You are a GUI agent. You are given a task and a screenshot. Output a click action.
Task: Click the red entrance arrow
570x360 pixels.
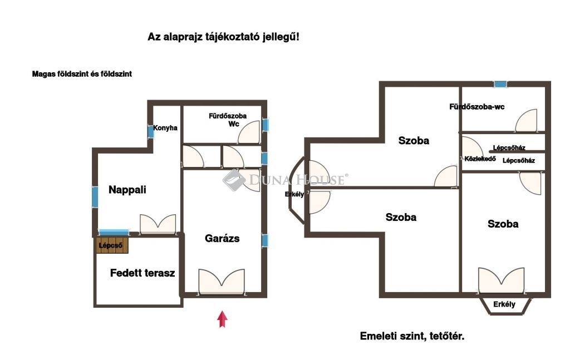pos(223,319)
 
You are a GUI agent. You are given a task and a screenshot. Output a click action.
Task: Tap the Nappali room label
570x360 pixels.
pos(127,190)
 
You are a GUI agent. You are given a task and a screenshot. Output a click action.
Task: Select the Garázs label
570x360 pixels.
pos(222,238)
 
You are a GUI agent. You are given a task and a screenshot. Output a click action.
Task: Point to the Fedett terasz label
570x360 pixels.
pos(142,273)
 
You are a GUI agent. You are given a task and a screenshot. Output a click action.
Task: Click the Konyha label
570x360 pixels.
pos(165,128)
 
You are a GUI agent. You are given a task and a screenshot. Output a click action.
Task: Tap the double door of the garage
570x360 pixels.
pos(222,282)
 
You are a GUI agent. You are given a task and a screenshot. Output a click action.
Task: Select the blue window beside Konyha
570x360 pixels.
pos(151,131)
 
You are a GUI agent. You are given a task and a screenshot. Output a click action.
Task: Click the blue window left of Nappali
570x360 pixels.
pos(95,198)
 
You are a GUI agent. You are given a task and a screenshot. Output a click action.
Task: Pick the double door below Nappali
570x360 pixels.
pos(158,224)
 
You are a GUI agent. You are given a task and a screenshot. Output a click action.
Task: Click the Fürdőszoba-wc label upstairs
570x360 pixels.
pos(477,107)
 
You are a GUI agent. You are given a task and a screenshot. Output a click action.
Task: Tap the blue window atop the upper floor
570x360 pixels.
pos(500,84)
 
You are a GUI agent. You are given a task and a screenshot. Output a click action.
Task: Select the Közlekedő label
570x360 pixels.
pos(480,159)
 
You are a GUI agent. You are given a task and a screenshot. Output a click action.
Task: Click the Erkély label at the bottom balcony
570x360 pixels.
pos(504,304)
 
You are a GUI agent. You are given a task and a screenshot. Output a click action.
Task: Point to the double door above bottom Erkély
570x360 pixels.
pos(502,280)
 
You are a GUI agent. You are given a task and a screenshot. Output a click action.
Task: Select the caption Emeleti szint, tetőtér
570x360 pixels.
pos(412,336)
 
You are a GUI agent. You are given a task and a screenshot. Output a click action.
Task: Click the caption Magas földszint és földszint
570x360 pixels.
pos(82,74)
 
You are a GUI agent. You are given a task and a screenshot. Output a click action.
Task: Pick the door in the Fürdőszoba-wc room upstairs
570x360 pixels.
pos(526,120)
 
